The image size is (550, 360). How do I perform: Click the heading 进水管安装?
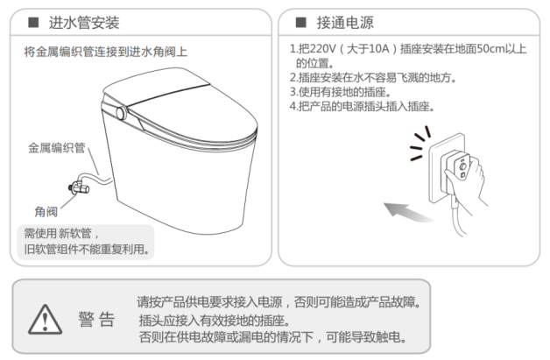click(84, 23)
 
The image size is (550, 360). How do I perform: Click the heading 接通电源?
click(345, 23)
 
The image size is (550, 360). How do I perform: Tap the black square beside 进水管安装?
click(33, 23)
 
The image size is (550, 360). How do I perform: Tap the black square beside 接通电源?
click(301, 23)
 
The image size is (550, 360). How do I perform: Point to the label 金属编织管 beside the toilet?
click(57, 148)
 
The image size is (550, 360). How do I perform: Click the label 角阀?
click(46, 212)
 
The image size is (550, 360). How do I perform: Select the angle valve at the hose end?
click(79, 187)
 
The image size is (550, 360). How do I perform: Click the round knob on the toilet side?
click(121, 113)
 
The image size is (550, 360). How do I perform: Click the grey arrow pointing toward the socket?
click(407, 212)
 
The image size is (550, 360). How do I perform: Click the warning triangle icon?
click(45, 319)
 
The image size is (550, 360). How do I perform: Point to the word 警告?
click(96, 320)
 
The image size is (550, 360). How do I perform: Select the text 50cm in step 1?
click(490, 48)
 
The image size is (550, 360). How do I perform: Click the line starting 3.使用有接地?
click(340, 92)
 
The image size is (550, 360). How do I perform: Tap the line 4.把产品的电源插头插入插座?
click(362, 106)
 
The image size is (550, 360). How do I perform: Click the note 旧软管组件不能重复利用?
click(87, 249)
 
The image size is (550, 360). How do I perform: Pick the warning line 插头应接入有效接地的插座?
click(215, 320)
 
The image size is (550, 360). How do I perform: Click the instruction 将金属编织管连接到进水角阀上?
click(106, 52)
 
